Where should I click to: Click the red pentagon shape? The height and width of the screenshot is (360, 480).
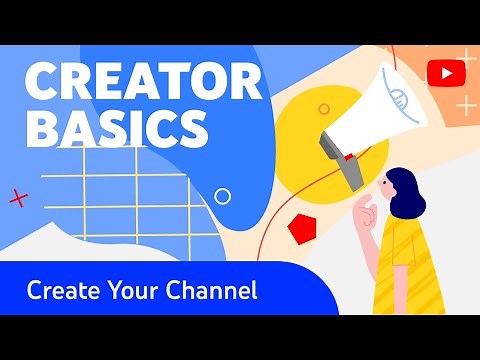pyautogui.click(x=301, y=229)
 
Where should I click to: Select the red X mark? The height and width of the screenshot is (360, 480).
pyautogui.click(x=17, y=199)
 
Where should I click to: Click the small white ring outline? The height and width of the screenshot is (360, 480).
pyautogui.click(x=223, y=197)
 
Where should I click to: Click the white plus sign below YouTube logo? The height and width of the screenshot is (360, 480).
pyautogui.click(x=466, y=103)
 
